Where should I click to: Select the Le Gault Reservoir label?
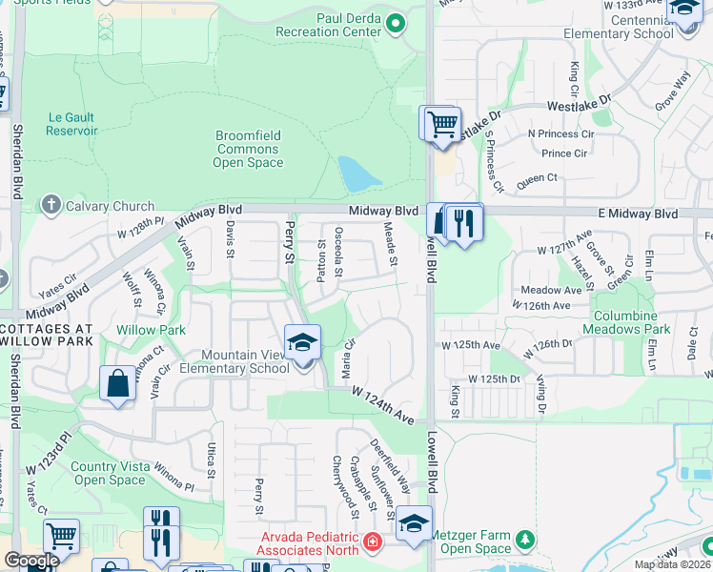pyautogui.click(x=72, y=124)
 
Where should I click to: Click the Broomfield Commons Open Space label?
pyautogui.click(x=248, y=149)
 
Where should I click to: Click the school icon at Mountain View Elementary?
pyautogui.click(x=302, y=341)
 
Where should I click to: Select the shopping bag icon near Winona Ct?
pyautogui.click(x=117, y=383)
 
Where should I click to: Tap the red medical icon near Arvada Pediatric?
pyautogui.click(x=372, y=544)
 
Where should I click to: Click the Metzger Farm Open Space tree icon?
pyautogui.click(x=523, y=541)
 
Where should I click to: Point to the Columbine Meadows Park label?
pyautogui.click(x=631, y=322)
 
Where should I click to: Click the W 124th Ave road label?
pyautogui.click(x=383, y=405)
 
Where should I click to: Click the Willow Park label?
pyautogui.click(x=151, y=330)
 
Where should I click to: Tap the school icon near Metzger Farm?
pyautogui.click(x=415, y=523)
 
